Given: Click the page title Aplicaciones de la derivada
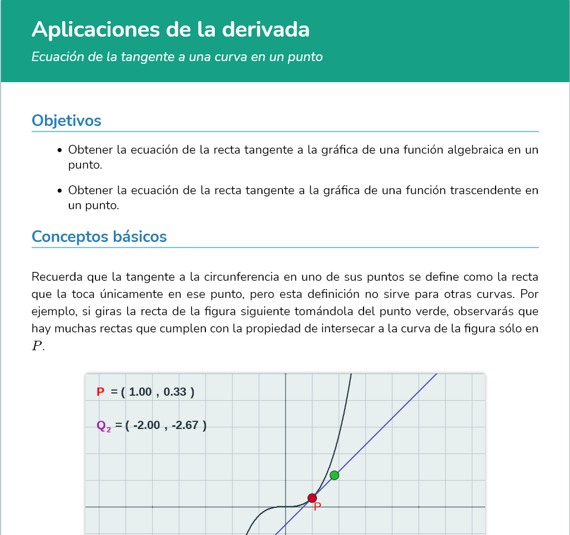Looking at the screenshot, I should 170,29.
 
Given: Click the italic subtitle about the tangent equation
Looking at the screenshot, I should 177,57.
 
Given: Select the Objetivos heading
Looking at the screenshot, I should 66,120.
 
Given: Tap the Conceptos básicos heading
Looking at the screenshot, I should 99,236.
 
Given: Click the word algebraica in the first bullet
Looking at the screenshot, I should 476,150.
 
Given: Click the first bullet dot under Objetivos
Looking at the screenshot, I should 59,150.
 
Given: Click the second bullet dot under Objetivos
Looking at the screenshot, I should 59,191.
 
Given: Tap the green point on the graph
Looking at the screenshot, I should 334,475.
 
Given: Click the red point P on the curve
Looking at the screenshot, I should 312,498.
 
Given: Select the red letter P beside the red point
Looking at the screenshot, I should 317,507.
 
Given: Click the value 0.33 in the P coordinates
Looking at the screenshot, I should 175,392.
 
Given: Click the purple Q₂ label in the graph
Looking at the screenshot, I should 103,426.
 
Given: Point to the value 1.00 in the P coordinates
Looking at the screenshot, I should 140,392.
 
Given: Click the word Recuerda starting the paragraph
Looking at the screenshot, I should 55,277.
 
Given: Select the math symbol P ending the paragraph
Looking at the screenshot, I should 37,346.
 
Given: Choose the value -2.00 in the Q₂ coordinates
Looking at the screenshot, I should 147,426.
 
